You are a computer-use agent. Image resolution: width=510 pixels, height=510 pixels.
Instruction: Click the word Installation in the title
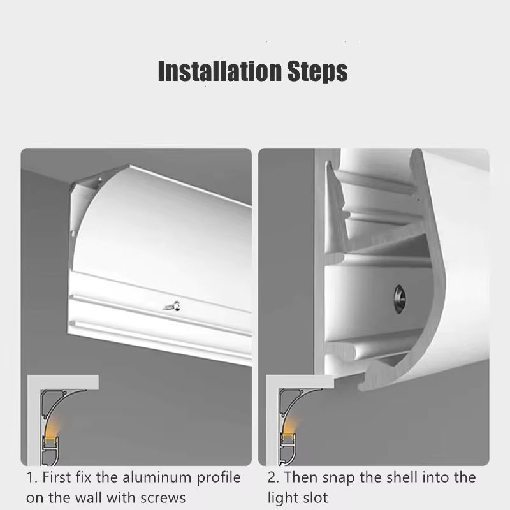pyautogui.click(x=219, y=71)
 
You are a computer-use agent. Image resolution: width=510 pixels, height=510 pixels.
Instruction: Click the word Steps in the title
pyautogui.click(x=317, y=71)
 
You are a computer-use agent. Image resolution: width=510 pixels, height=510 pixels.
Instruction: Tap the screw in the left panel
pyautogui.click(x=172, y=307)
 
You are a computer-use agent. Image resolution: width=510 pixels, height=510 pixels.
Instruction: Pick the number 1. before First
pyautogui.click(x=32, y=477)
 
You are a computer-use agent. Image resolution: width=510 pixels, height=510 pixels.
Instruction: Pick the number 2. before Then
pyautogui.click(x=273, y=477)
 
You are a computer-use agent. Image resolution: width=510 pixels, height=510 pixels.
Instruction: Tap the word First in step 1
pyautogui.click(x=57, y=477)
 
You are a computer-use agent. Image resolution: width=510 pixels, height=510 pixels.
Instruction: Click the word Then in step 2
pyautogui.click(x=300, y=477)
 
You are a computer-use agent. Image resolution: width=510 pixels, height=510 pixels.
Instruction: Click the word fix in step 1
pyautogui.click(x=83, y=477)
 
